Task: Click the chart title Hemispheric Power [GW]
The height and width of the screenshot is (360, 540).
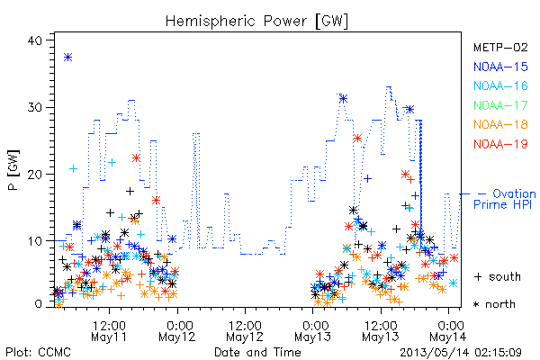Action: (x=256, y=21)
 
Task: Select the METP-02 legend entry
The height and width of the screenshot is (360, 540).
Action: (x=500, y=47)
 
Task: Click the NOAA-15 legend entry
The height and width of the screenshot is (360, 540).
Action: (x=500, y=67)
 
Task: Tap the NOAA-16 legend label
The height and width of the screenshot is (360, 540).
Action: (x=500, y=85)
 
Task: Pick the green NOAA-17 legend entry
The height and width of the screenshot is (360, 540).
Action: (x=500, y=105)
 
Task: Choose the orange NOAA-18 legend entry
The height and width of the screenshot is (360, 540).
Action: (x=500, y=124)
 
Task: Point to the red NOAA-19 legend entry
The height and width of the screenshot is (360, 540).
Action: (x=500, y=144)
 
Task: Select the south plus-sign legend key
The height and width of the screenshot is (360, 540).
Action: (x=478, y=276)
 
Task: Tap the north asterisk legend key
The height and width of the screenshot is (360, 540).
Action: (x=477, y=304)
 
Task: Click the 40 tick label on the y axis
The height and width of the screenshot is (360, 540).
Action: (x=34, y=40)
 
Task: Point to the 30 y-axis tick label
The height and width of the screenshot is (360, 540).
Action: (x=34, y=107)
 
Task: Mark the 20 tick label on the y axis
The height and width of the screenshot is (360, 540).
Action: (x=34, y=175)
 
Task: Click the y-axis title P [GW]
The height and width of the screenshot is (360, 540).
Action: (x=13, y=170)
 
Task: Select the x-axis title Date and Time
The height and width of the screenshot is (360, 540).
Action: (x=257, y=352)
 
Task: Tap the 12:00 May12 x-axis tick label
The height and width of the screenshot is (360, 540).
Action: (x=245, y=331)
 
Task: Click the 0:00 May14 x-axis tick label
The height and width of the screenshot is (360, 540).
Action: (x=448, y=331)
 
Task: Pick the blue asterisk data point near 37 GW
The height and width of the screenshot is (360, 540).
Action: (x=67, y=58)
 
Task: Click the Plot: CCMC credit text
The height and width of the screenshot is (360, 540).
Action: (x=38, y=352)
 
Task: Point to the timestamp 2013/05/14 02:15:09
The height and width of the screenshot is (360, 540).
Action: (x=461, y=353)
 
